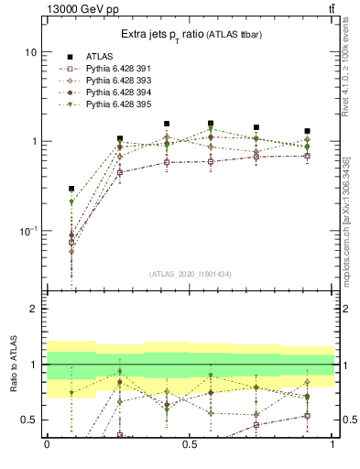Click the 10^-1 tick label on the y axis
pyautogui.click(x=27, y=231)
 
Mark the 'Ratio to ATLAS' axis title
pyautogui.click(x=14, y=365)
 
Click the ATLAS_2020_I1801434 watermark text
pyautogui.click(x=191, y=274)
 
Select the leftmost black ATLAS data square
pyautogui.click(x=71, y=189)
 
